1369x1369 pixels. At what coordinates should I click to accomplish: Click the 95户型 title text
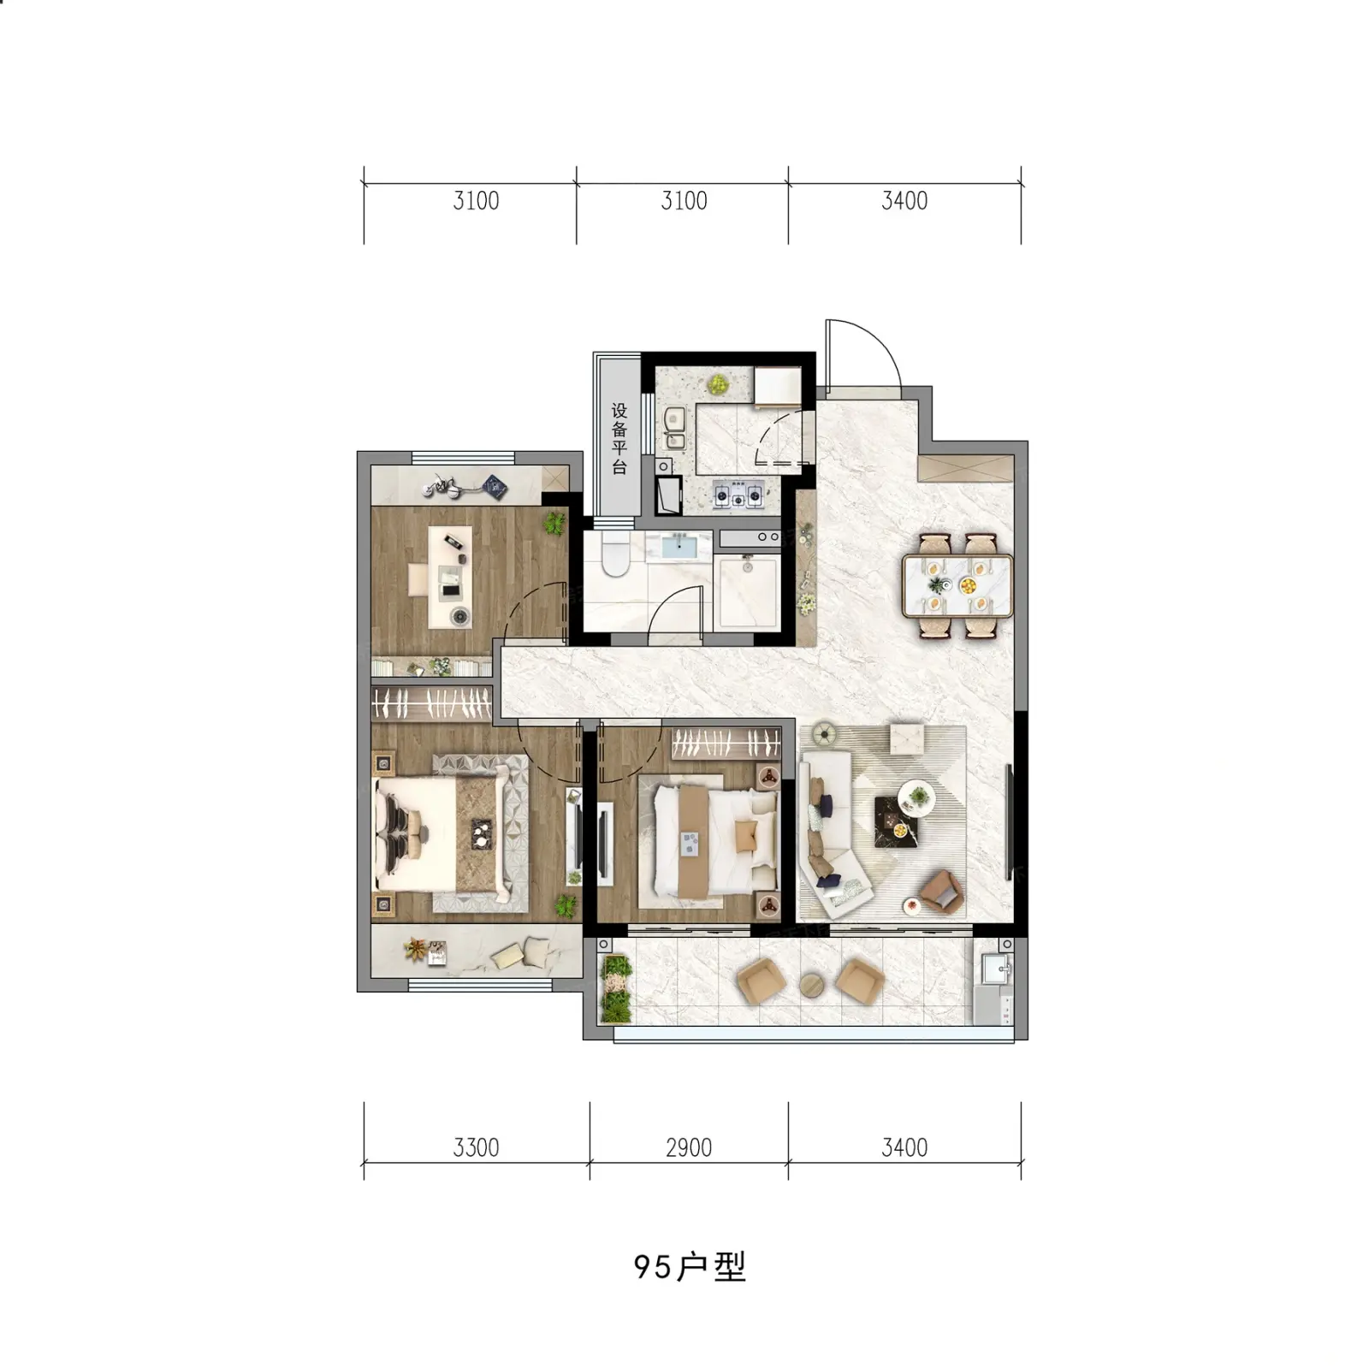tap(690, 1267)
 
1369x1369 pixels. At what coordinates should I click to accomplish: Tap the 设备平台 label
tap(619, 439)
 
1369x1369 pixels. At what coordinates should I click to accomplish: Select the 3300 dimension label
tap(476, 1147)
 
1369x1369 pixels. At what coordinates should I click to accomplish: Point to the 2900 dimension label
tap(689, 1147)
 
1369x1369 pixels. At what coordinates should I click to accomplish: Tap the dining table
tap(958, 586)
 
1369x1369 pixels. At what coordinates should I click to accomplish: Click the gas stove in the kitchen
tap(738, 494)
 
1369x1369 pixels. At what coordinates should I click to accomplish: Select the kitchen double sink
tap(674, 428)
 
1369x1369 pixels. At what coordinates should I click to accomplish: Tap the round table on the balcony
tap(811, 985)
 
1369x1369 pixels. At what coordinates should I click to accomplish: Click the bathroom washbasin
tap(679, 545)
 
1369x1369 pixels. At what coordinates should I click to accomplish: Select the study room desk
tap(450, 577)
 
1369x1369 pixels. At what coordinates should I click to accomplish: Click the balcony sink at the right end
tap(996, 969)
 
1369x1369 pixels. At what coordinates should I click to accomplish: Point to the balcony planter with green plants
tap(615, 990)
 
